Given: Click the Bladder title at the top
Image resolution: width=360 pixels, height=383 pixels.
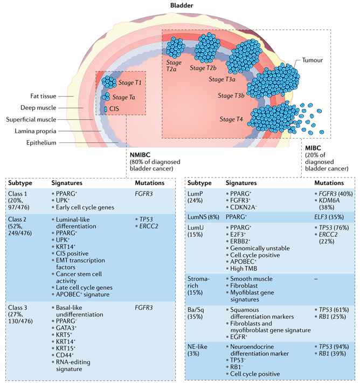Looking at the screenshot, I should pos(180,5).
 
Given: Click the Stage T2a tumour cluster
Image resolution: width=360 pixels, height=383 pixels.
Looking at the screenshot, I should pos(175,49).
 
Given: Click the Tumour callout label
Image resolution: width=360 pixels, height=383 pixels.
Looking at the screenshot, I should pos(313,60).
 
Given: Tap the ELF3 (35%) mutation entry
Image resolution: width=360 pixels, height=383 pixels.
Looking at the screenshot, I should pos(330,216).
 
